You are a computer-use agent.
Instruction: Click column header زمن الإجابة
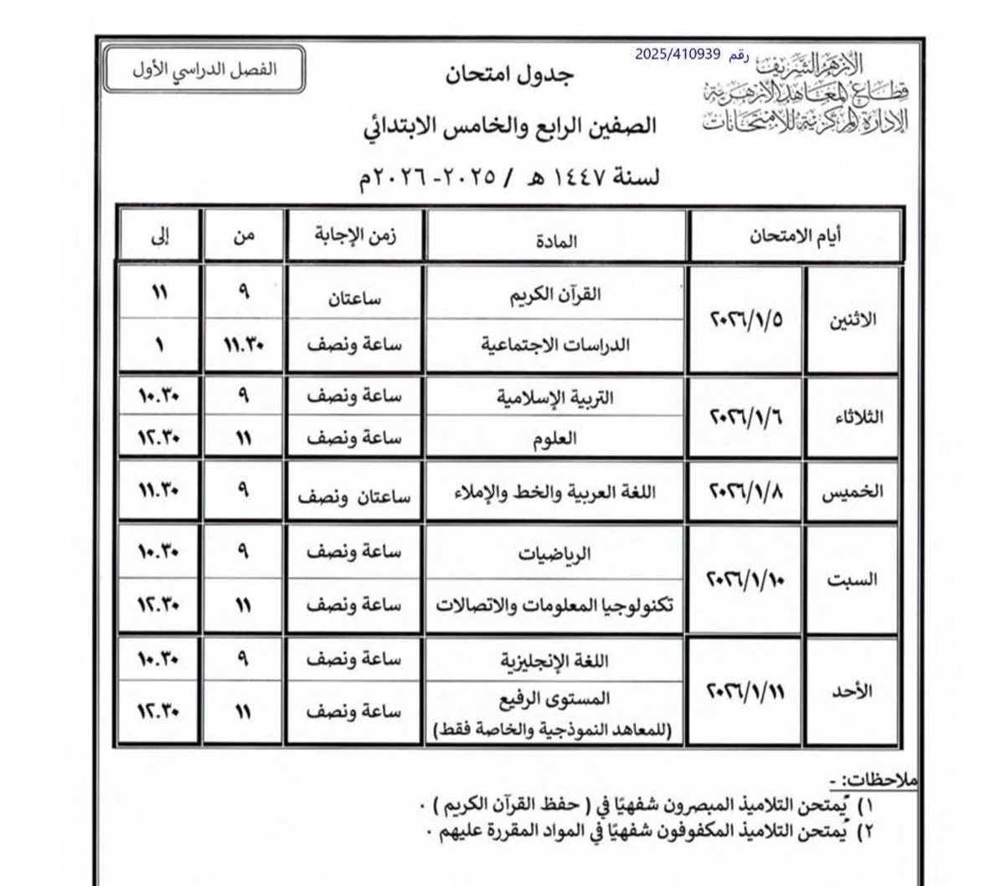[353, 236]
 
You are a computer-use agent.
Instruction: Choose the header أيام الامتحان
[794, 236]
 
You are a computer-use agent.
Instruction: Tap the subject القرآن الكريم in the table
[570, 295]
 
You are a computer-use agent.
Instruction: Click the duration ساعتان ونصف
[354, 495]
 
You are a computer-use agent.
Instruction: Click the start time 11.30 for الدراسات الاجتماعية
[244, 344]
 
